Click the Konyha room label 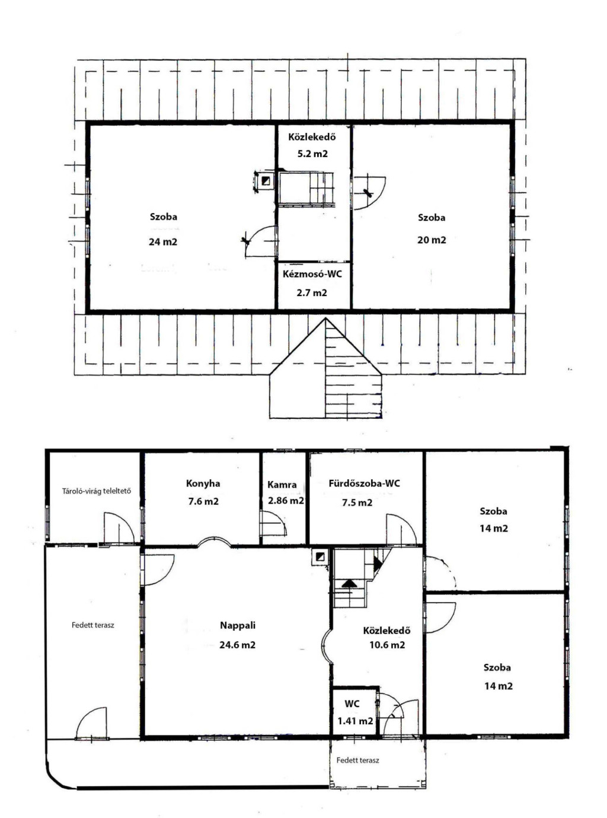[203, 483]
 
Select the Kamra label [282, 485]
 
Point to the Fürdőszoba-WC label [364, 483]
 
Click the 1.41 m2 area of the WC [355, 721]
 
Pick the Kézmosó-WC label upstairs [312, 274]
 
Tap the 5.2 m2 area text [312, 154]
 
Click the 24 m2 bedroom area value [163, 242]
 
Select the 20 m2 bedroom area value [432, 240]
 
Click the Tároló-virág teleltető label [96, 491]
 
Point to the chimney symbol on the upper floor [266, 181]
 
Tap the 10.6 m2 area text [387, 645]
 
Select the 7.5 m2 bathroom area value [357, 502]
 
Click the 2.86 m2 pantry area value [286, 501]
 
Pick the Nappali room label [238, 625]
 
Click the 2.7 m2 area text [312, 293]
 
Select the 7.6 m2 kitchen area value [203, 502]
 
